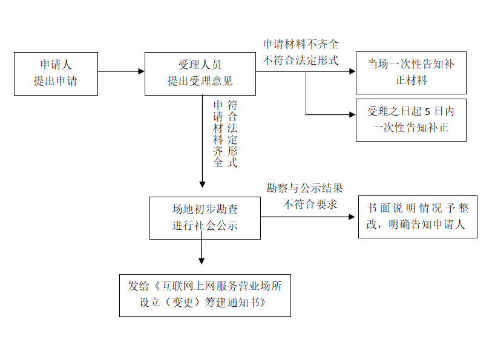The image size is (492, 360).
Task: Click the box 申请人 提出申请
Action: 55,73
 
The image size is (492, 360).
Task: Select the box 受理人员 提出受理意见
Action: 200,73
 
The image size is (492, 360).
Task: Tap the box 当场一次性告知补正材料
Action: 410,72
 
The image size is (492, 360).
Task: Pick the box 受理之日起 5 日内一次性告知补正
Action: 410,120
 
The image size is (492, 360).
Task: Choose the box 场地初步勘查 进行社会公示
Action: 205,217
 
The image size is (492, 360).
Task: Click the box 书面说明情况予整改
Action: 417,217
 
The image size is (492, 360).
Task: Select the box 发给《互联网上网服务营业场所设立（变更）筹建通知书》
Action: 205,295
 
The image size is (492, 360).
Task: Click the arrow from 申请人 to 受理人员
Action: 121,71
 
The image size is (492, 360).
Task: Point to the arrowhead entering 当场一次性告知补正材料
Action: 352,71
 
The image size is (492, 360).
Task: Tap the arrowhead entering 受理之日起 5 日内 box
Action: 352,114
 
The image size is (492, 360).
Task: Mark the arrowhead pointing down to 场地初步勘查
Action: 203,184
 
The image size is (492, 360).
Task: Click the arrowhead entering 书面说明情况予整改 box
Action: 355,216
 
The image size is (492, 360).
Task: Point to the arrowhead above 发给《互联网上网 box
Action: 202,261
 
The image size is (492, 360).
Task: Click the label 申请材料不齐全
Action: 301,44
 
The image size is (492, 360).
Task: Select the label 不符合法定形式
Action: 301,60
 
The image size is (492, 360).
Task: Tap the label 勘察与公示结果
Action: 305,188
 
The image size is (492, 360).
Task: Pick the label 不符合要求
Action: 310,204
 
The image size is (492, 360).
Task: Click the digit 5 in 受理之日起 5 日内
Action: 428,111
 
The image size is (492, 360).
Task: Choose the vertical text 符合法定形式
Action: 232,134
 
